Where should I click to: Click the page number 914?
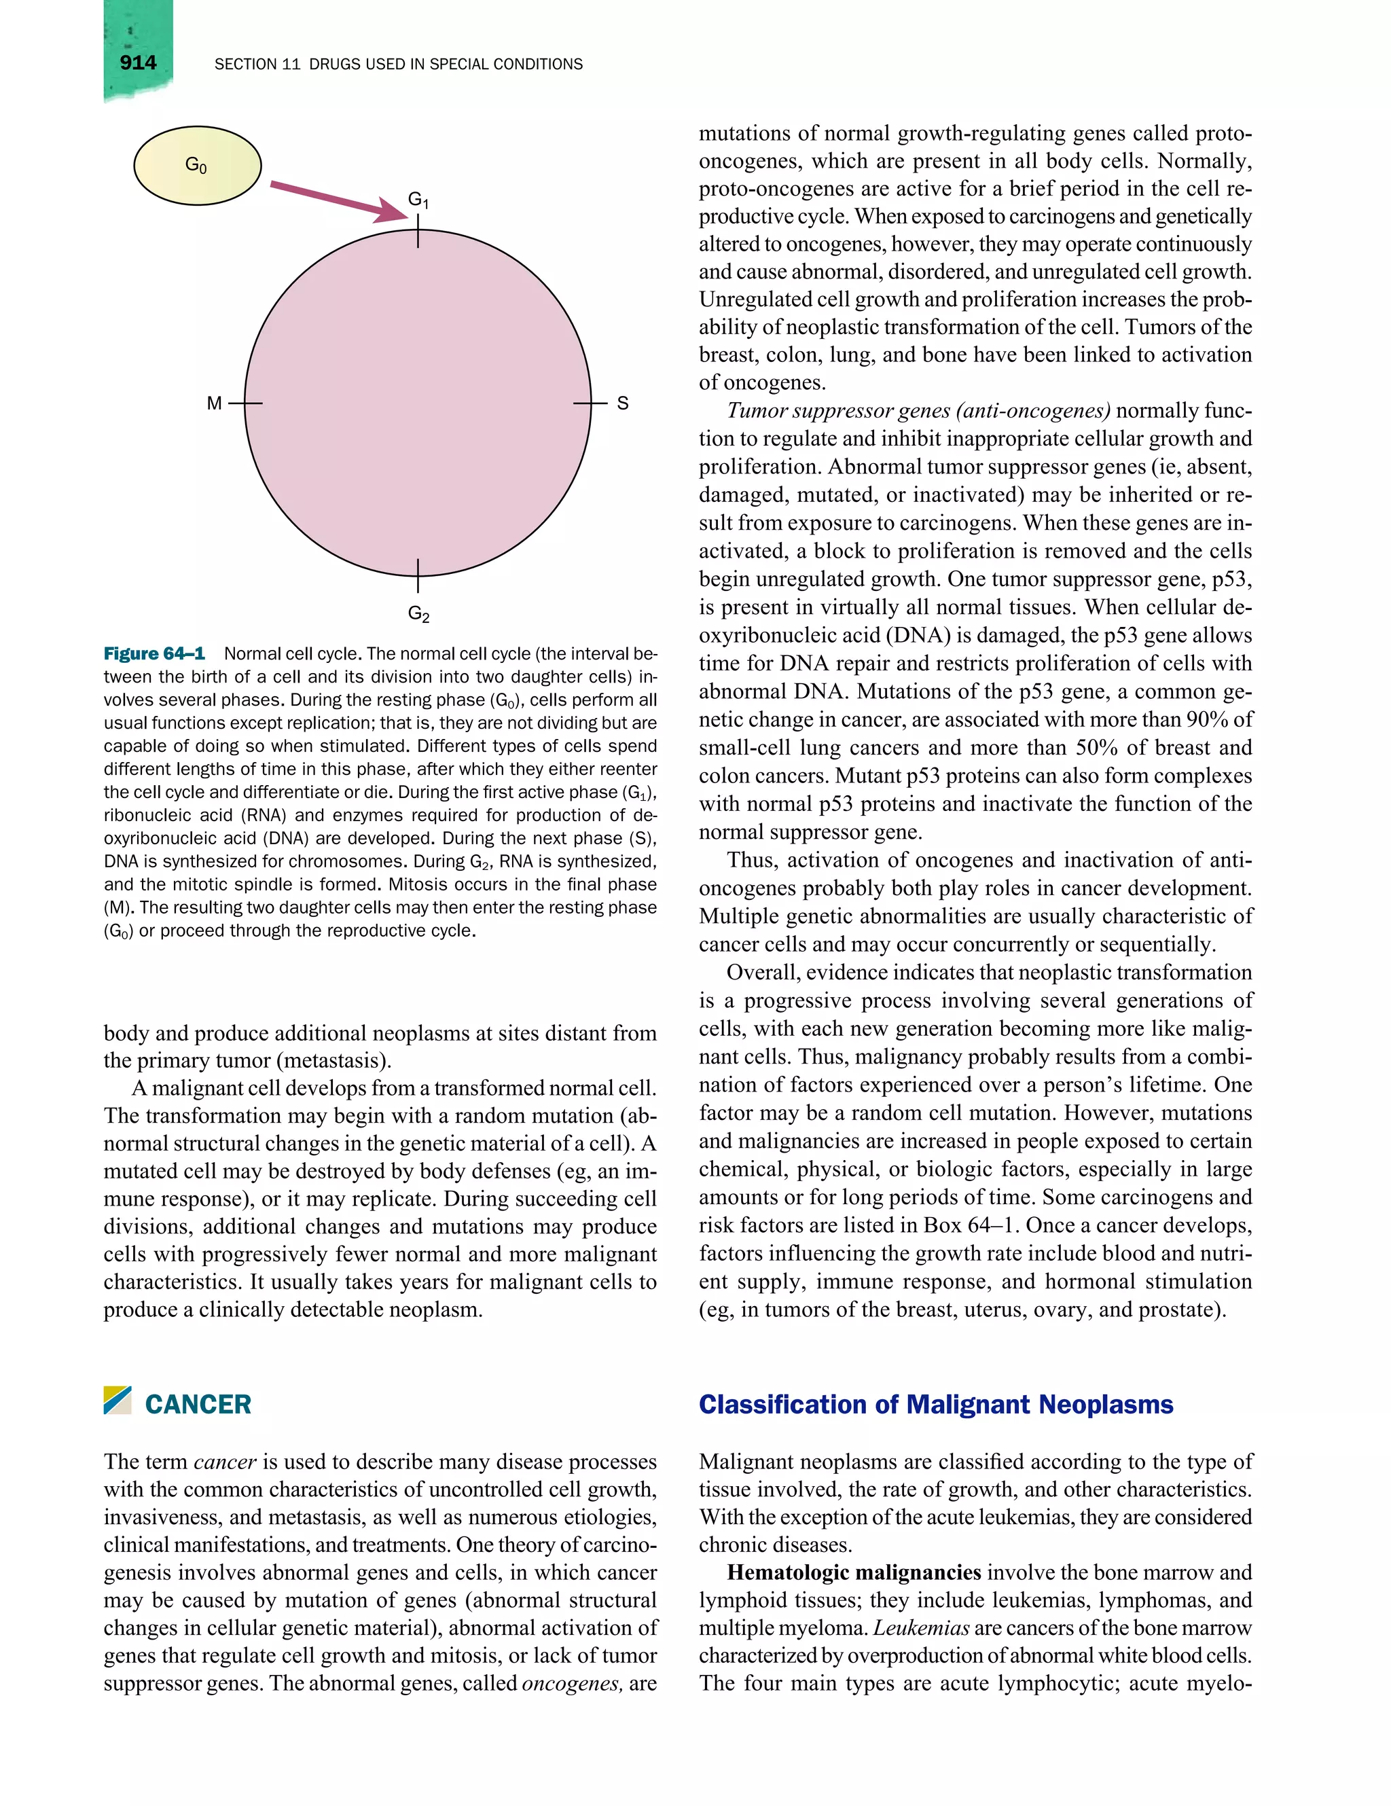[137, 63]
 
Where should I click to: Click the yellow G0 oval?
[197, 165]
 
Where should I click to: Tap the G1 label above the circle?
[418, 199]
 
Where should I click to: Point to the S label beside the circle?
[623, 403]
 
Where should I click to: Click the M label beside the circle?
[214, 403]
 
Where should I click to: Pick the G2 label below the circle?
[418, 613]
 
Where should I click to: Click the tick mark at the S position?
[590, 403]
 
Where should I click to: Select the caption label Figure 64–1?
[153, 654]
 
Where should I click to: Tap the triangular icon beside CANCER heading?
[118, 1400]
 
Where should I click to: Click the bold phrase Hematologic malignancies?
[854, 1572]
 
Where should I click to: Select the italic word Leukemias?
[920, 1628]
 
